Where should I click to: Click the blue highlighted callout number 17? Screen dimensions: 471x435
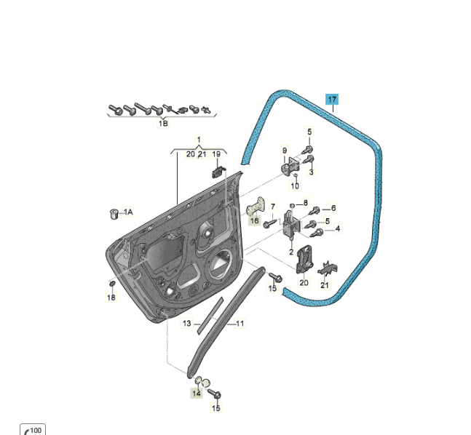pos(332,100)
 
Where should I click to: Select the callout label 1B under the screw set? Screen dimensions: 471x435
pos(163,124)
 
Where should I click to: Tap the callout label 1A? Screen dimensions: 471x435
pos(128,212)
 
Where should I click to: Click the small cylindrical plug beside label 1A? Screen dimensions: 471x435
pos(114,214)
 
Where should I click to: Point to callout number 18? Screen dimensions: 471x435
pos(111,298)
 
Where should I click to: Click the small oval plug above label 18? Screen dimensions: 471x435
pos(112,284)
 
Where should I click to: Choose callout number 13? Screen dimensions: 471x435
pos(186,323)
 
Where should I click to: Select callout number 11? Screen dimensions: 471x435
pos(240,323)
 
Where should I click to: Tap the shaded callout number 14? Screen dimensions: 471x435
pos(196,393)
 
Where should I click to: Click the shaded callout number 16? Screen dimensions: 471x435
pos(254,220)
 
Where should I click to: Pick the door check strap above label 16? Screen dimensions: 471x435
pos(256,206)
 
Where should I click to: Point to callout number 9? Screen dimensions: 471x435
pos(285,150)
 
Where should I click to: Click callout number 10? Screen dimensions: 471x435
pos(295,185)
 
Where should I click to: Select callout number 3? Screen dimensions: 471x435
pos(311,172)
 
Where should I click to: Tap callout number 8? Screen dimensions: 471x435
pos(306,203)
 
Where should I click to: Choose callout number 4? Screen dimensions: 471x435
pos(338,228)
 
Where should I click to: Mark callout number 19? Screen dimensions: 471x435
pos(216,154)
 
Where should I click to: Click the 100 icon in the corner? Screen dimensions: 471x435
pos(33,429)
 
